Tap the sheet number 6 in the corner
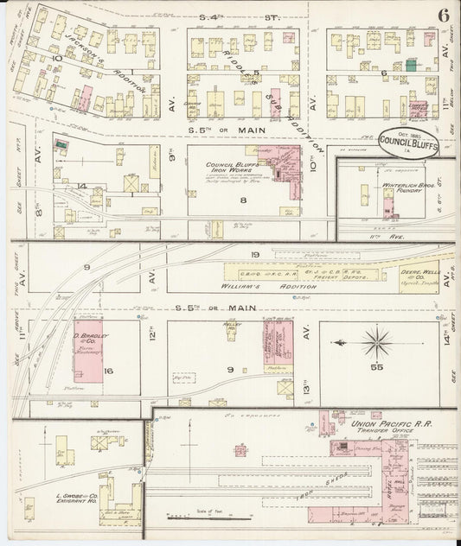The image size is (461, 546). pos(442,15)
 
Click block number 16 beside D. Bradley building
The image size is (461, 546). pos(108,371)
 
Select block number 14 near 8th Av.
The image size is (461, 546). pos(81,186)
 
